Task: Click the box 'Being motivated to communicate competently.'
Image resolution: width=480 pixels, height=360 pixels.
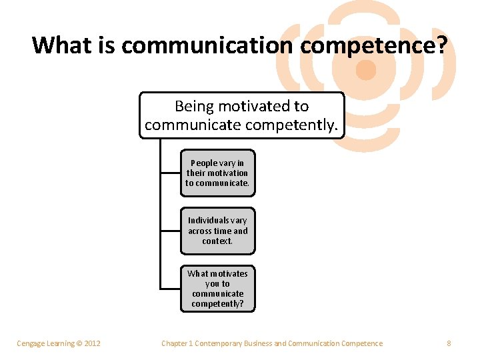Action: (241, 115)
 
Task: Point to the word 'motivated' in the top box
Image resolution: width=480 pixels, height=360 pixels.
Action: (247, 106)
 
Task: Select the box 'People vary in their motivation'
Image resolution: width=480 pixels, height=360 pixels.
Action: (217, 173)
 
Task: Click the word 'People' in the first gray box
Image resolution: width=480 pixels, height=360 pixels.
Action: (204, 163)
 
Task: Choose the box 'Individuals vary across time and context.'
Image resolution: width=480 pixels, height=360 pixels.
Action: (217, 231)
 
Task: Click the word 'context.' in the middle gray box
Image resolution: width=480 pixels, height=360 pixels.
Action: (217, 241)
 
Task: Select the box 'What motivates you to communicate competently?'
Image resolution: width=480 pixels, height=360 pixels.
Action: (217, 289)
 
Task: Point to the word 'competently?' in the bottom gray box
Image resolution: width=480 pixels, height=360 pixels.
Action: (217, 304)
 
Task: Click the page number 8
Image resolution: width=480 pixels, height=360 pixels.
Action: (449, 343)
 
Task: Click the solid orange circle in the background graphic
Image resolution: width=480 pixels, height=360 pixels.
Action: (366, 69)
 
